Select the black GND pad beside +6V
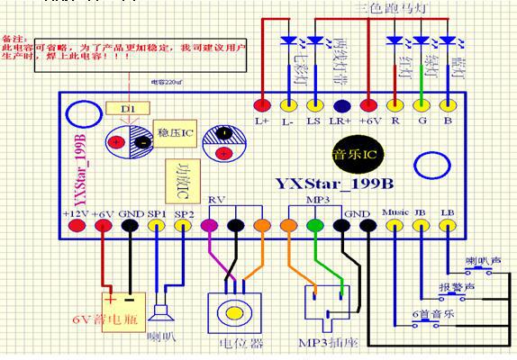[x=131, y=226]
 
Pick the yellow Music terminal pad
[x=394, y=226]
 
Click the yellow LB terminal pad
[x=448, y=226]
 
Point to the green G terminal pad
[x=421, y=103]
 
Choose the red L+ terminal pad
[x=262, y=103]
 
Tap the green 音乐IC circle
[x=349, y=148]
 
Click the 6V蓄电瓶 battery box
[x=124, y=311]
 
